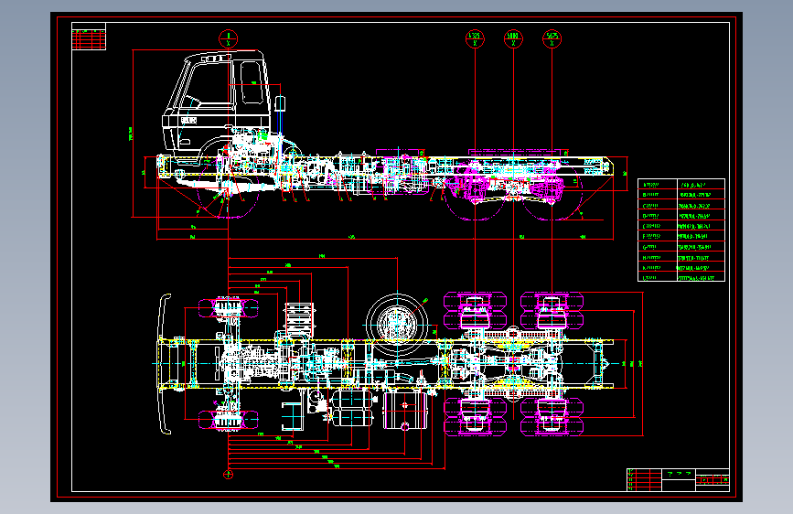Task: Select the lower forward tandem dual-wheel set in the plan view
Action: pyautogui.click(x=475, y=417)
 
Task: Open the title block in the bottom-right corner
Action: pyautogui.click(x=679, y=479)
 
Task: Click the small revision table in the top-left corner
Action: pyautogui.click(x=88, y=38)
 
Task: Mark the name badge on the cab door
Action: pyautogui.click(x=189, y=120)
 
